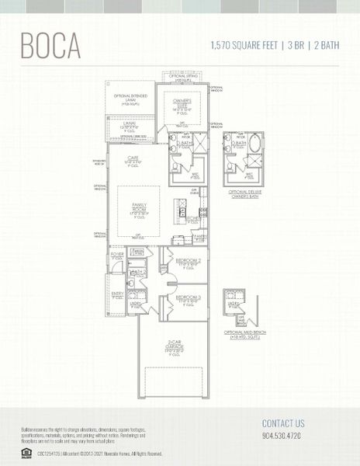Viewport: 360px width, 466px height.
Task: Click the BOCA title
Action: (50, 45)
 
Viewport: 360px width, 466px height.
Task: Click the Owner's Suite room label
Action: (182, 102)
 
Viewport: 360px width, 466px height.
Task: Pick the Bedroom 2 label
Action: (188, 261)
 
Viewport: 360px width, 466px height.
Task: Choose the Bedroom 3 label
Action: (188, 298)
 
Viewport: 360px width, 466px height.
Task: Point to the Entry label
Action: (117, 294)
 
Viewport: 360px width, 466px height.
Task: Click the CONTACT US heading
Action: (283, 423)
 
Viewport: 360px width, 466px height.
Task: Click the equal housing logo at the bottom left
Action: (26, 453)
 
